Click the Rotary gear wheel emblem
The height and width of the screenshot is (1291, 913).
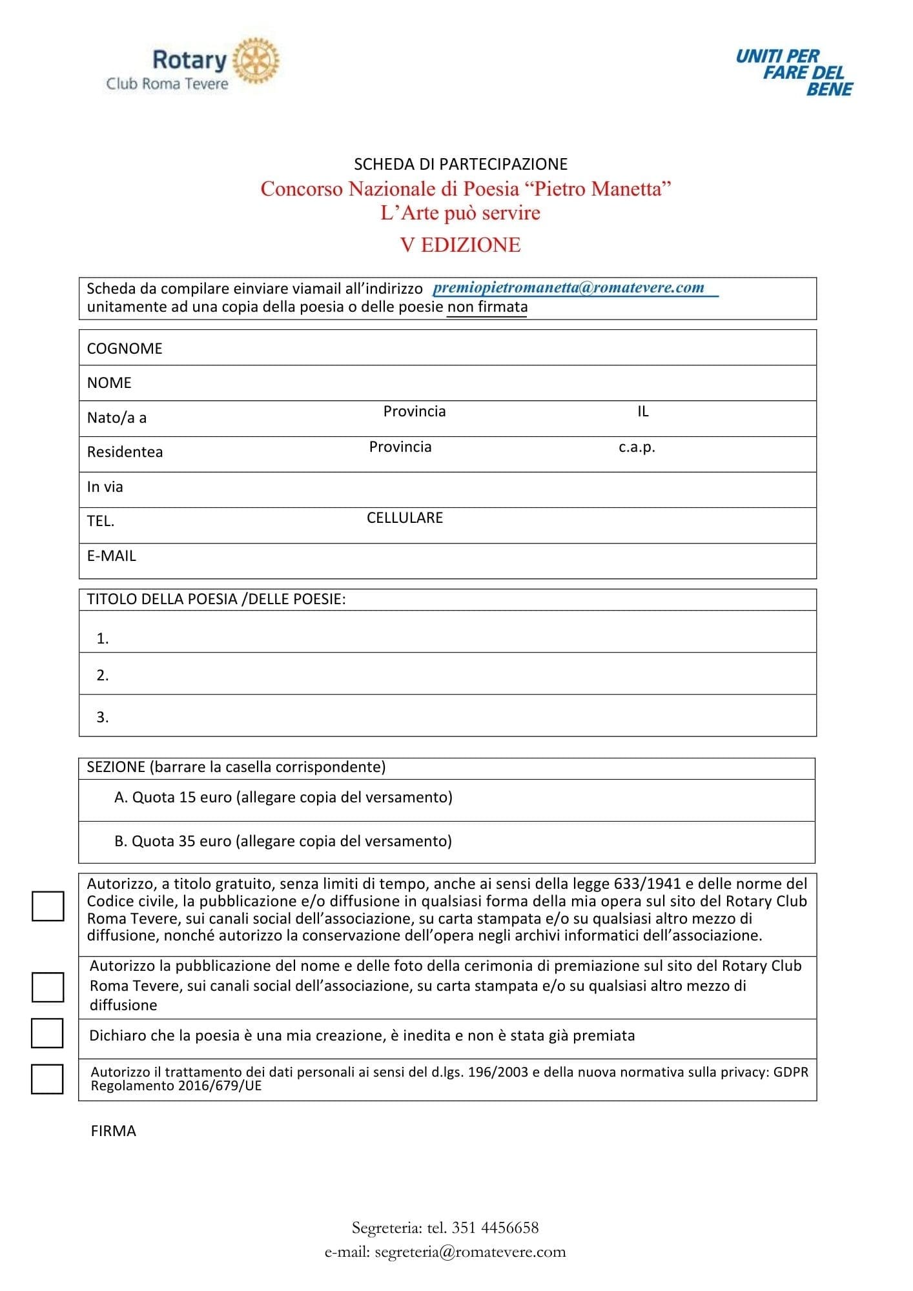256,61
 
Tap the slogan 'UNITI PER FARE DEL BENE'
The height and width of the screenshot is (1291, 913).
794,72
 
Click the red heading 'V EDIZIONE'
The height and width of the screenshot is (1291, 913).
460,245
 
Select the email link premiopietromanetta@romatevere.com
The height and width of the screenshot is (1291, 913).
569,288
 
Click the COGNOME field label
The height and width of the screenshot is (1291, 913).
125,349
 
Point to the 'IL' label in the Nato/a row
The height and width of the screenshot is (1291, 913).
642,411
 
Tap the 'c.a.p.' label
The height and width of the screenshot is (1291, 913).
637,447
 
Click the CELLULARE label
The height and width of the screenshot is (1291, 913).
405,518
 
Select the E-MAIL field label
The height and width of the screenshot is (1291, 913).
112,556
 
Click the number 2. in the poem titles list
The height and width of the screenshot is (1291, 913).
103,675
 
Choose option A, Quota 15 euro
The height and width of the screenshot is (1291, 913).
283,798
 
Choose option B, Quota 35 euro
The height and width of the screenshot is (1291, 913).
283,841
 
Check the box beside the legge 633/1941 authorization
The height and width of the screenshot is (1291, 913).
48,906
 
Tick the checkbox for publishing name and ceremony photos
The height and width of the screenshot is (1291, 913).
48,987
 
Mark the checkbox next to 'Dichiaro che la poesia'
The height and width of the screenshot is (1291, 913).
48,1033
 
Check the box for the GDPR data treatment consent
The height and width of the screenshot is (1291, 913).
48,1079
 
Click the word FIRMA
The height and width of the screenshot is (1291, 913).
114,1131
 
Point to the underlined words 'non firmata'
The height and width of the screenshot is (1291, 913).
487,307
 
